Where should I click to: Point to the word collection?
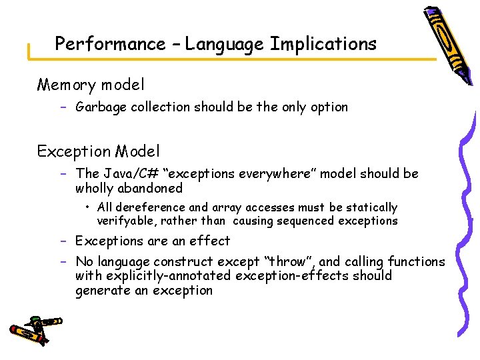160,107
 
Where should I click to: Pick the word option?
329,107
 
